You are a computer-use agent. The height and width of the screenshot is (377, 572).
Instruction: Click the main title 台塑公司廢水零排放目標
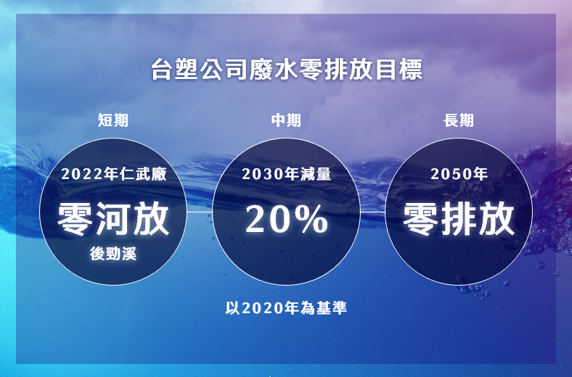click(287, 69)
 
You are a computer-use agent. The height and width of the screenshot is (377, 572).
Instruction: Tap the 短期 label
click(113, 120)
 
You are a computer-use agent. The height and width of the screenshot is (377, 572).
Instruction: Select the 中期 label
click(286, 120)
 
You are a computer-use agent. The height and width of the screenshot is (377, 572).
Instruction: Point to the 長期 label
click(459, 120)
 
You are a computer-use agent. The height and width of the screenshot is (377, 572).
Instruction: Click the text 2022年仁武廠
click(113, 174)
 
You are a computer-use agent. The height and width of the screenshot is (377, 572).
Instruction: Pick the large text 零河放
click(113, 219)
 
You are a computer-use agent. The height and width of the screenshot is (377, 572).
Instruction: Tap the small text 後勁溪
click(113, 254)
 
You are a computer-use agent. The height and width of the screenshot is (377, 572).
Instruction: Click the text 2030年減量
click(287, 174)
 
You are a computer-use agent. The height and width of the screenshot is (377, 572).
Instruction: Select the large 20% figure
click(287, 219)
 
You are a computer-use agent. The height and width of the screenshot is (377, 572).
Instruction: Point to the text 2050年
click(459, 174)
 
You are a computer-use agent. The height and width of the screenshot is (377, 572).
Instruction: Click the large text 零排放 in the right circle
click(459, 219)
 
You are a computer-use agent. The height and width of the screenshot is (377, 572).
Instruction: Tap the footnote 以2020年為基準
click(286, 308)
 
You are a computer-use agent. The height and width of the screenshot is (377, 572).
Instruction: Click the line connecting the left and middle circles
click(200, 211)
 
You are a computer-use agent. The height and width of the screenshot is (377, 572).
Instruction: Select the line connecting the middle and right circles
click(372, 211)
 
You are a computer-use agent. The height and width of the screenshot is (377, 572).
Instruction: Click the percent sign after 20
click(311, 219)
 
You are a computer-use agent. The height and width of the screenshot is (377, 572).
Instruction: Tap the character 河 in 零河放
click(113, 219)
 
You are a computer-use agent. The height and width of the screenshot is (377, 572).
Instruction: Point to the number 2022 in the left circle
click(82, 174)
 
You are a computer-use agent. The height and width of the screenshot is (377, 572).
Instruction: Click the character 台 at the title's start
click(162, 69)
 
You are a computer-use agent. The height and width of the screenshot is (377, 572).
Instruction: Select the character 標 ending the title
click(411, 69)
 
